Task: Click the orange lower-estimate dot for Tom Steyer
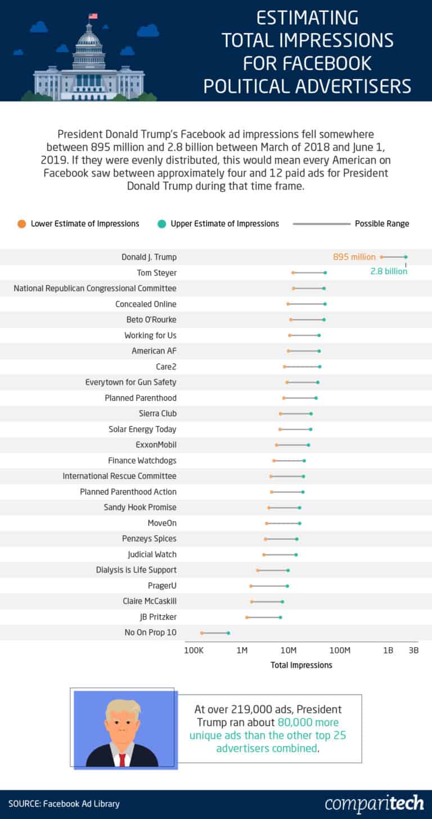[293, 273]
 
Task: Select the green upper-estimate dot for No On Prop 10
[228, 633]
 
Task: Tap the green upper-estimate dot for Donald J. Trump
[406, 257]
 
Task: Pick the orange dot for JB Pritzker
[247, 617]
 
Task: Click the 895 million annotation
[354, 257]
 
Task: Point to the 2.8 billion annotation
[388, 271]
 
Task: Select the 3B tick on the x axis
[413, 650]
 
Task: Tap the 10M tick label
[289, 650]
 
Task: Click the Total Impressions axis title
[301, 665]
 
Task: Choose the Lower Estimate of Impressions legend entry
[79, 224]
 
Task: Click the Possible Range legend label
[382, 224]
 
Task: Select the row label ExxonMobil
[156, 445]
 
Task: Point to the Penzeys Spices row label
[149, 539]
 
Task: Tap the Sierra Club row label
[157, 413]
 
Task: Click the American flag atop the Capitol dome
[93, 16]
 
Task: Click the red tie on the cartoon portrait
[122, 759]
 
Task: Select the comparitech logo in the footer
[374, 803]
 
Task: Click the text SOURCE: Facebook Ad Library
[64, 804]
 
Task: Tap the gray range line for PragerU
[269, 586]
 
